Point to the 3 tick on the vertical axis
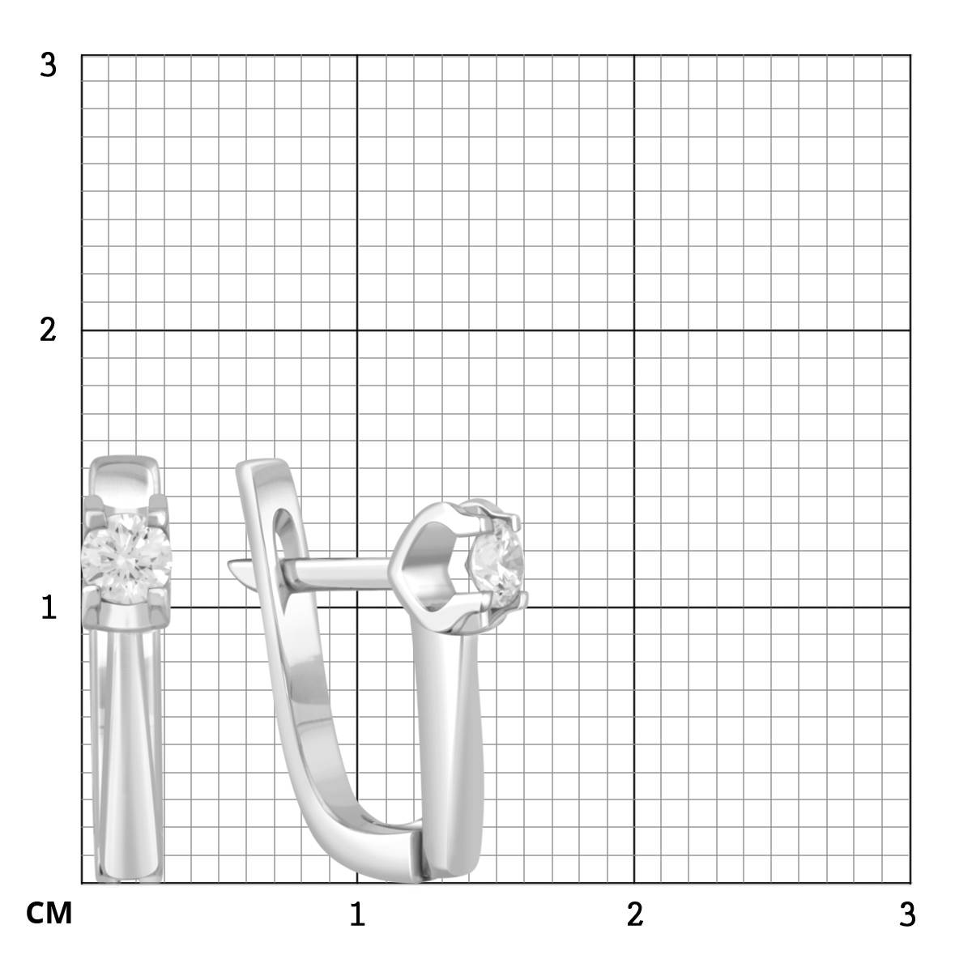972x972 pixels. point(48,66)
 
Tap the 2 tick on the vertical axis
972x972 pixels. point(48,330)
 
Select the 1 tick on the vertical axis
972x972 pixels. point(49,607)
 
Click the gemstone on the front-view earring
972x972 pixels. point(126,558)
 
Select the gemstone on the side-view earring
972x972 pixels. point(497,562)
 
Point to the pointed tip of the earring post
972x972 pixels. point(229,563)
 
